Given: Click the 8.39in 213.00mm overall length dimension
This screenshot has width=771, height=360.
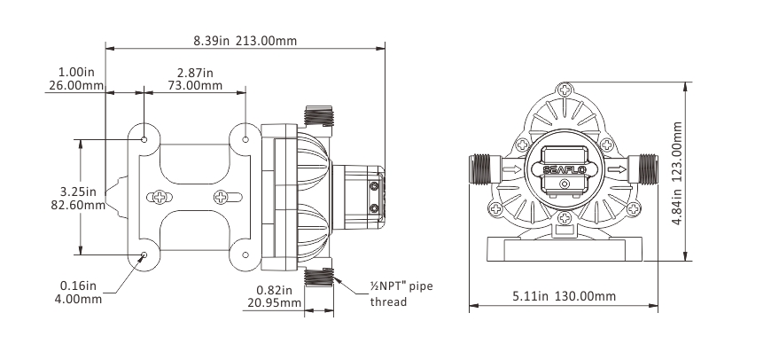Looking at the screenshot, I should click(x=245, y=40).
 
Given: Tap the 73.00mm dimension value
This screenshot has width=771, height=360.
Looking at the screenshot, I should click(x=195, y=86).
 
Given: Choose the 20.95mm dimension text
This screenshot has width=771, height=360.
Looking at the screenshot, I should click(x=272, y=303).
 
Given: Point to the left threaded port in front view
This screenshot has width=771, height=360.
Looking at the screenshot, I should click(x=482, y=168).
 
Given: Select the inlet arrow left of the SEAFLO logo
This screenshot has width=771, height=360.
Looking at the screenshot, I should click(x=511, y=168).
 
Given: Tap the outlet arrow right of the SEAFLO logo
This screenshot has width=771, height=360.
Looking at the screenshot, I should click(x=618, y=168).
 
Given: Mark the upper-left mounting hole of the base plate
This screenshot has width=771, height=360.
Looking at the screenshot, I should click(x=144, y=138).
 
